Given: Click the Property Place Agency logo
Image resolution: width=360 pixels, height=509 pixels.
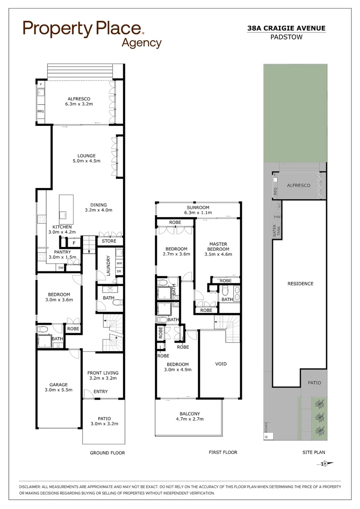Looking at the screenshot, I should point(92,33).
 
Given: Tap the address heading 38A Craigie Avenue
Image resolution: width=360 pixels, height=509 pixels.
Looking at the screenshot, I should point(286,28).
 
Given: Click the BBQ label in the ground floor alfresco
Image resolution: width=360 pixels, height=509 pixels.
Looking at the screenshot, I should point(40,111).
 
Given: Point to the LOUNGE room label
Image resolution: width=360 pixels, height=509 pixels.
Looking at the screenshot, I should point(87,156).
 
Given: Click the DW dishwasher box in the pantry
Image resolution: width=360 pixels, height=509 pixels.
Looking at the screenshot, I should point(60,268).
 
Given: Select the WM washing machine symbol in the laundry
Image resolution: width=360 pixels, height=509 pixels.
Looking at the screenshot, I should point(119,263).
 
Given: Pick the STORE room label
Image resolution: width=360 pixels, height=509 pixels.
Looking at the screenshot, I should point(109,241).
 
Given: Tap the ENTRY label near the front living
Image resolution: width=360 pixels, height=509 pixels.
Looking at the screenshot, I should point(100,392).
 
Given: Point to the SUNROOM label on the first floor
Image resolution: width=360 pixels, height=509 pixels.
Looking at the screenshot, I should point(198,207).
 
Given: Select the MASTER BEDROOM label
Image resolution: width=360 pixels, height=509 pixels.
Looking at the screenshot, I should point(219,246).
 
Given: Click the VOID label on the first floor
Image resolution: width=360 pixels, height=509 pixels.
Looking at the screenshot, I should point(221,364).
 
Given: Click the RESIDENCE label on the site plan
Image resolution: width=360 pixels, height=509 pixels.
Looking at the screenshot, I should point(300,283).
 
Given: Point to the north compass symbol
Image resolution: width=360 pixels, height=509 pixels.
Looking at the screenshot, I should point(325,464).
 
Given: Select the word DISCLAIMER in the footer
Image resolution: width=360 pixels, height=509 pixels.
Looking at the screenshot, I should point(33,486).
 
